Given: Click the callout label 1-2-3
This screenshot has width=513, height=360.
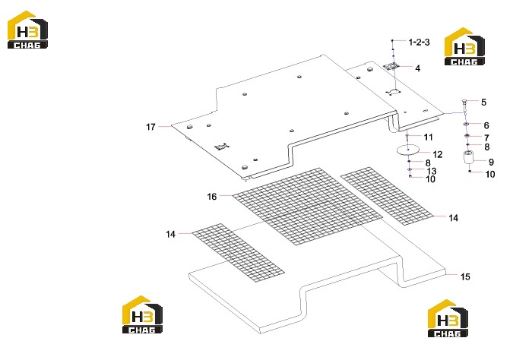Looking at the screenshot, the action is (419, 43).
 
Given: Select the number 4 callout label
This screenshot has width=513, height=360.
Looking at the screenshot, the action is (417, 68).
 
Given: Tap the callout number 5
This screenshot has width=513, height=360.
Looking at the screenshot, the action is (483, 103).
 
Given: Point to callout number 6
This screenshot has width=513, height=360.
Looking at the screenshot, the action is (486, 125).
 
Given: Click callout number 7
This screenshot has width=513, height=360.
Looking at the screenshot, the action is (486, 137).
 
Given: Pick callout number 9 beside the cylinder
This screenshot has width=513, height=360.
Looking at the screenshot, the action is (491, 162).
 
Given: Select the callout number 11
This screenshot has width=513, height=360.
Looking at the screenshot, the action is (428, 137).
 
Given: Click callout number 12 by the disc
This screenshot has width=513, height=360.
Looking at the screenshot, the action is (438, 154).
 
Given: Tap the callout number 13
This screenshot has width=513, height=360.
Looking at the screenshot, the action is (432, 171).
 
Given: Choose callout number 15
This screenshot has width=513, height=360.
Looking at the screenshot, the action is (465, 276).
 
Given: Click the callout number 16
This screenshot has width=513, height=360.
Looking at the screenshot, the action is (212, 197).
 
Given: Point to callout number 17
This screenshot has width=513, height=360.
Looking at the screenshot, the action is (150, 127).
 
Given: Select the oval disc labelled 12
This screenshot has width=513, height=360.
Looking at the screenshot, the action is (408, 150).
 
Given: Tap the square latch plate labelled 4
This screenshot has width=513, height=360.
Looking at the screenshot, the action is (392, 66).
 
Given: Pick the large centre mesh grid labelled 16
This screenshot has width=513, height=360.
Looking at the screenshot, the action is (307, 207).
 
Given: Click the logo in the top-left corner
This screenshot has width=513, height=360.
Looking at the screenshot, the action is (27, 30).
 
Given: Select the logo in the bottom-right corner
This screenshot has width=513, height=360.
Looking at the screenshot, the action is (448, 318).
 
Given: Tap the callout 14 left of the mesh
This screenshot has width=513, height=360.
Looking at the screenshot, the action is (170, 234).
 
